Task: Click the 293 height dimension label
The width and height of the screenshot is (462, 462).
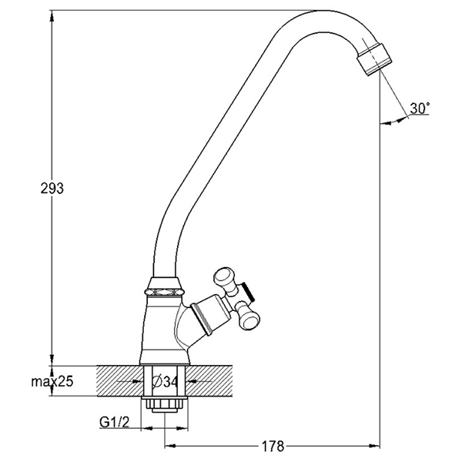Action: [52, 188]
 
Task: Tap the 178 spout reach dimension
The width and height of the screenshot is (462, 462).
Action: [273, 446]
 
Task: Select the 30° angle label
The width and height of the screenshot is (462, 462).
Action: [420, 108]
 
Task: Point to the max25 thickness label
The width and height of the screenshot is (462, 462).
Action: [52, 382]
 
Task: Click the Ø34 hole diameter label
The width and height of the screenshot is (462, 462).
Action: [165, 382]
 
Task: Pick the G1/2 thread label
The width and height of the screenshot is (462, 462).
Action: [114, 422]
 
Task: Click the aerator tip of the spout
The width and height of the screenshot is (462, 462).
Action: [374, 59]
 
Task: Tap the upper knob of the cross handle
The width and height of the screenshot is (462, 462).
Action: [226, 280]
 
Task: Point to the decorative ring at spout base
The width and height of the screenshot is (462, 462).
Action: [164, 291]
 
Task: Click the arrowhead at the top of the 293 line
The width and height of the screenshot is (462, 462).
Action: [52, 16]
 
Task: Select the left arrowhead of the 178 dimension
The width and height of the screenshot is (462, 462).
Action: [169, 445]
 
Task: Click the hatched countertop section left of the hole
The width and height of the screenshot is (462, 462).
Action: [119, 381]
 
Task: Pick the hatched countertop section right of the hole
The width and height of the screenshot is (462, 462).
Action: [209, 381]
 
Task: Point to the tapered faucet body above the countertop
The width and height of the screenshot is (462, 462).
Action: [163, 330]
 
